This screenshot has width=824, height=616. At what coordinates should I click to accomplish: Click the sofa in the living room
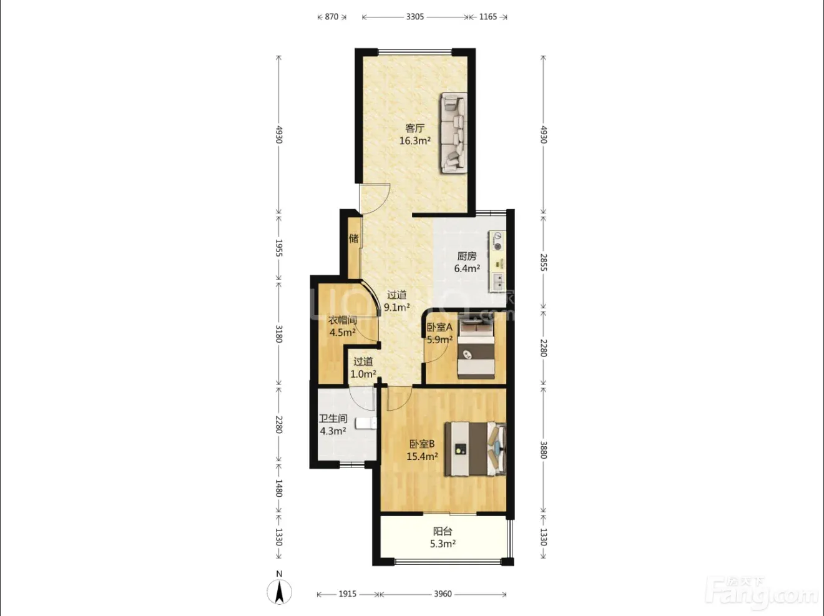pos(454,133)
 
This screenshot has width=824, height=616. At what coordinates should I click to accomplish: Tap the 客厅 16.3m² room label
pos(415,134)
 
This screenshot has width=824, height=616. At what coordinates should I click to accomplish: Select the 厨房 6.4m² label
pos(467,262)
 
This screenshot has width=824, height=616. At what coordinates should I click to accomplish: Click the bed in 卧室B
pos(475,449)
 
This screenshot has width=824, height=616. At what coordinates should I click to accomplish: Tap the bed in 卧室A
pos(476,350)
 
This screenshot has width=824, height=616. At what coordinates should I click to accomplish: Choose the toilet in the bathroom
pos(366,423)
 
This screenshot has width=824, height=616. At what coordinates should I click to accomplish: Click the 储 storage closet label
pos(353,238)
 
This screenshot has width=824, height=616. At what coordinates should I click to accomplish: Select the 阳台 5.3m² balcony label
pos(443,537)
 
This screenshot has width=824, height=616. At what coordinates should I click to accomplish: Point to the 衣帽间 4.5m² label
pos(342,326)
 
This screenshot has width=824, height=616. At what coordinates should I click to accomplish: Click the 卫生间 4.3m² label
pos(333,424)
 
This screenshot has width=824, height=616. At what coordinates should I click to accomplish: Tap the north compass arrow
pos(279,592)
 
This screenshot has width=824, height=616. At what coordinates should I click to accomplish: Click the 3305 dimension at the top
pos(415,17)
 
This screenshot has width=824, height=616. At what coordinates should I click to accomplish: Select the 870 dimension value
pos(331,17)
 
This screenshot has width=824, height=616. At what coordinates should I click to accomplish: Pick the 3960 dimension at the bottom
pos(443,594)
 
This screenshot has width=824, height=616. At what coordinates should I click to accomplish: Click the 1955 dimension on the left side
pos(278,248)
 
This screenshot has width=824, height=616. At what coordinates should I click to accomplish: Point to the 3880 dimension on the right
pos(543,450)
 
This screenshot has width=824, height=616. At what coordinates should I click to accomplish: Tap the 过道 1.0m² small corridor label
pos(363,368)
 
